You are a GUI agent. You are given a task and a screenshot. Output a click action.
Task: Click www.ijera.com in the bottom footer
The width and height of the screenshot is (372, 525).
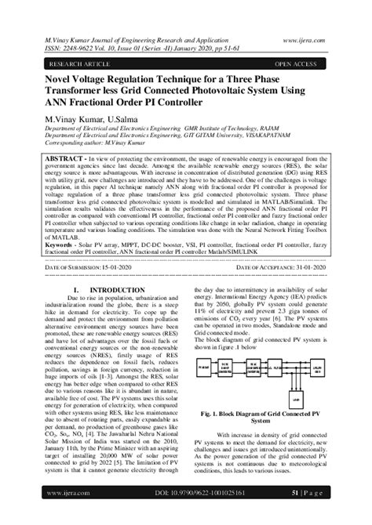[x=68, y=493]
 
